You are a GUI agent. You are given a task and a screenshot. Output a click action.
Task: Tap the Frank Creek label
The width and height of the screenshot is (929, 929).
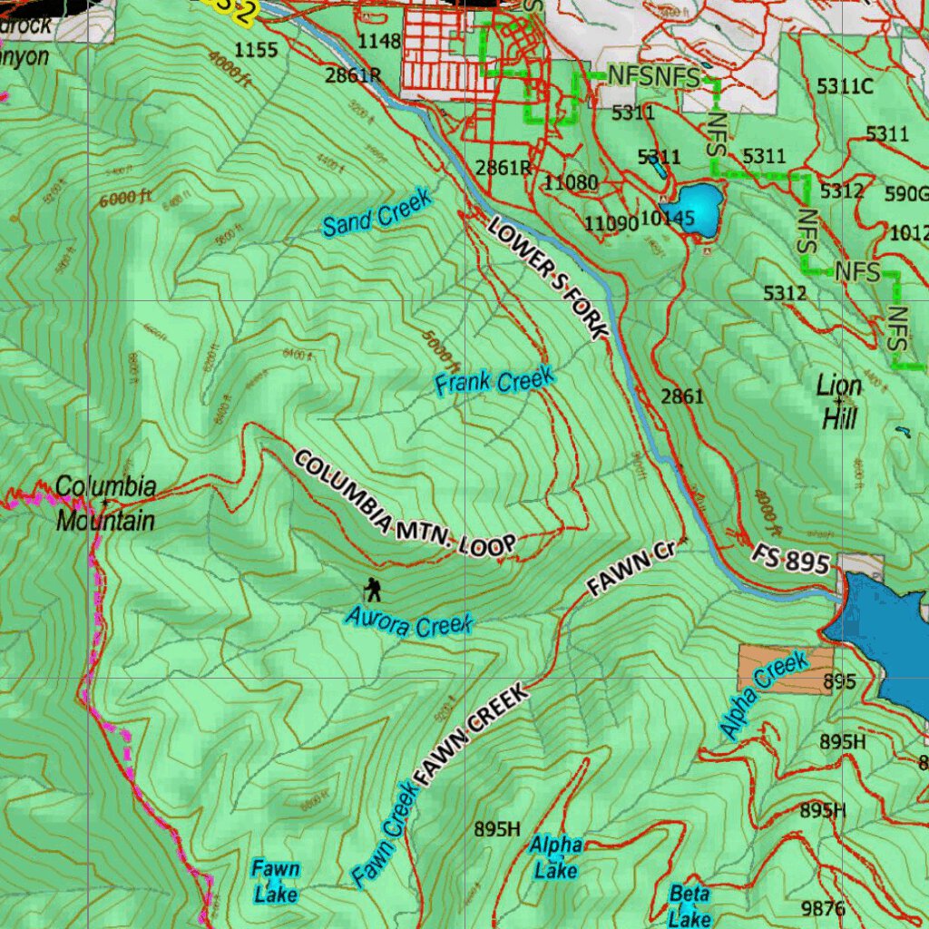pyautogui.click(x=494, y=381)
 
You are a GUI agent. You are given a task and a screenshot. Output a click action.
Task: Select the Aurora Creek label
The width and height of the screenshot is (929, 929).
pyautogui.click(x=409, y=624)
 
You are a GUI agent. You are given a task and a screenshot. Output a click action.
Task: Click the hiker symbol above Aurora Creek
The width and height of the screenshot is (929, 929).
pyautogui.click(x=372, y=589)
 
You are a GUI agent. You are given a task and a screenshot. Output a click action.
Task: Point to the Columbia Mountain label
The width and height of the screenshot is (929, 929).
pyautogui.click(x=104, y=504)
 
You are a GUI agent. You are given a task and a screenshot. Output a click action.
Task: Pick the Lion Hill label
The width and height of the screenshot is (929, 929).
pyautogui.click(x=838, y=401)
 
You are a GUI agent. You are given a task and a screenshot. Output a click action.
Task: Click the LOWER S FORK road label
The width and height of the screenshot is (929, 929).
pyautogui.click(x=547, y=279)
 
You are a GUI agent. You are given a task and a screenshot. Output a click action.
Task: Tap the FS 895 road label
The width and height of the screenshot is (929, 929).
pyautogui.click(x=790, y=559)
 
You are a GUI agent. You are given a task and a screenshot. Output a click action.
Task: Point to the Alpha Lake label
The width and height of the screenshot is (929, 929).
pyautogui.click(x=555, y=857)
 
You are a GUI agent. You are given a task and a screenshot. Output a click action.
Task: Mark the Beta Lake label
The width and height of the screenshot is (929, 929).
pyautogui.click(x=689, y=905)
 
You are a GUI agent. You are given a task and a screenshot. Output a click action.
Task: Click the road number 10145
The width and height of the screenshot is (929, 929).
pyautogui.click(x=667, y=219)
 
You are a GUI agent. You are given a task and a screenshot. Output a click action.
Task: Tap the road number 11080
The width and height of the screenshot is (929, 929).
pyautogui.click(x=571, y=183)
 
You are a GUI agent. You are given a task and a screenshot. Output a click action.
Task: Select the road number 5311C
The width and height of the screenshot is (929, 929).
pyautogui.click(x=844, y=87)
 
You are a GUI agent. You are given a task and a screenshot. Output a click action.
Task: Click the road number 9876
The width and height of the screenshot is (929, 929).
pyautogui.click(x=823, y=908)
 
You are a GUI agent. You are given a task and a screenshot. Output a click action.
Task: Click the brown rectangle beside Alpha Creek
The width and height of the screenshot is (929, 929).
pyautogui.click(x=784, y=670)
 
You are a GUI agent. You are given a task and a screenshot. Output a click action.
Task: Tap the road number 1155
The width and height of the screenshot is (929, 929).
pyautogui.click(x=256, y=50)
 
